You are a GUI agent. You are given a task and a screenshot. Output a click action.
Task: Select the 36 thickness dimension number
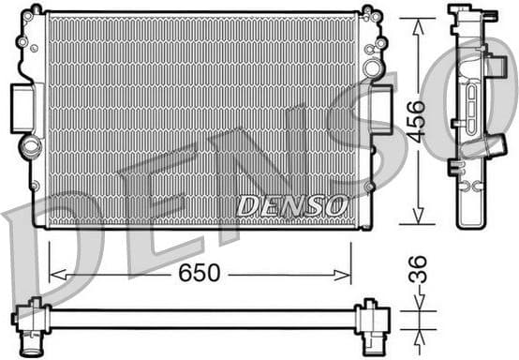[x=418, y=271]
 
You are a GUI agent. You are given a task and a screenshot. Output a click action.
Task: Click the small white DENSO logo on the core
[x=291, y=204]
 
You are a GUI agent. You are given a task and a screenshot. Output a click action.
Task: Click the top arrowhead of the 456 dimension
[x=417, y=22]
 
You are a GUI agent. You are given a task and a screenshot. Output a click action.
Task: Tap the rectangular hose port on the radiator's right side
[x=381, y=109]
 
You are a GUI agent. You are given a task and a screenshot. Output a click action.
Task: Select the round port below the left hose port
[x=32, y=147]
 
